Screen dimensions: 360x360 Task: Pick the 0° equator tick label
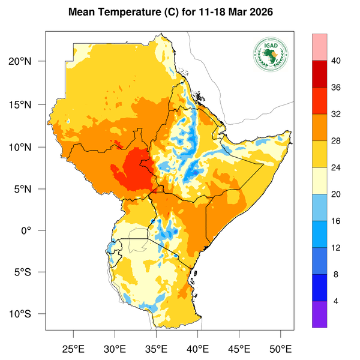(x=35, y=230)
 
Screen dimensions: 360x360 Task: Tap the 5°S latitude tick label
(x=30, y=272)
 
